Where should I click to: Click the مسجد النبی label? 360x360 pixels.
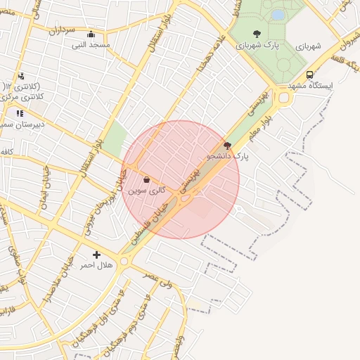tap(91, 45)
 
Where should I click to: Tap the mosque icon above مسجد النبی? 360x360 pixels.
tap(91, 34)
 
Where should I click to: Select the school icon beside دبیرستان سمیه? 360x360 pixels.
tap(20, 113)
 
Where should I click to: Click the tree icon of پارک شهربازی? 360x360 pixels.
tap(257, 34)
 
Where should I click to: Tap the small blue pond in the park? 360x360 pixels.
tap(278, 14)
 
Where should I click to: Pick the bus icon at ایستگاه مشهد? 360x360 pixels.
tap(309, 75)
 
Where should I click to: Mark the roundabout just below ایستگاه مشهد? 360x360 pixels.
tap(284, 98)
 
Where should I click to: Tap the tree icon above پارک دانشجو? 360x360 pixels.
tap(226, 145)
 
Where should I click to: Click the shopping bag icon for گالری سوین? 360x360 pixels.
tap(146, 180)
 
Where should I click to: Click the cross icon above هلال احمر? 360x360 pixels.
tap(96, 255)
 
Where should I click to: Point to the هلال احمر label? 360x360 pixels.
tap(96, 265)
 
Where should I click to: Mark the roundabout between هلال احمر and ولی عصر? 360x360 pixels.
tap(124, 262)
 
